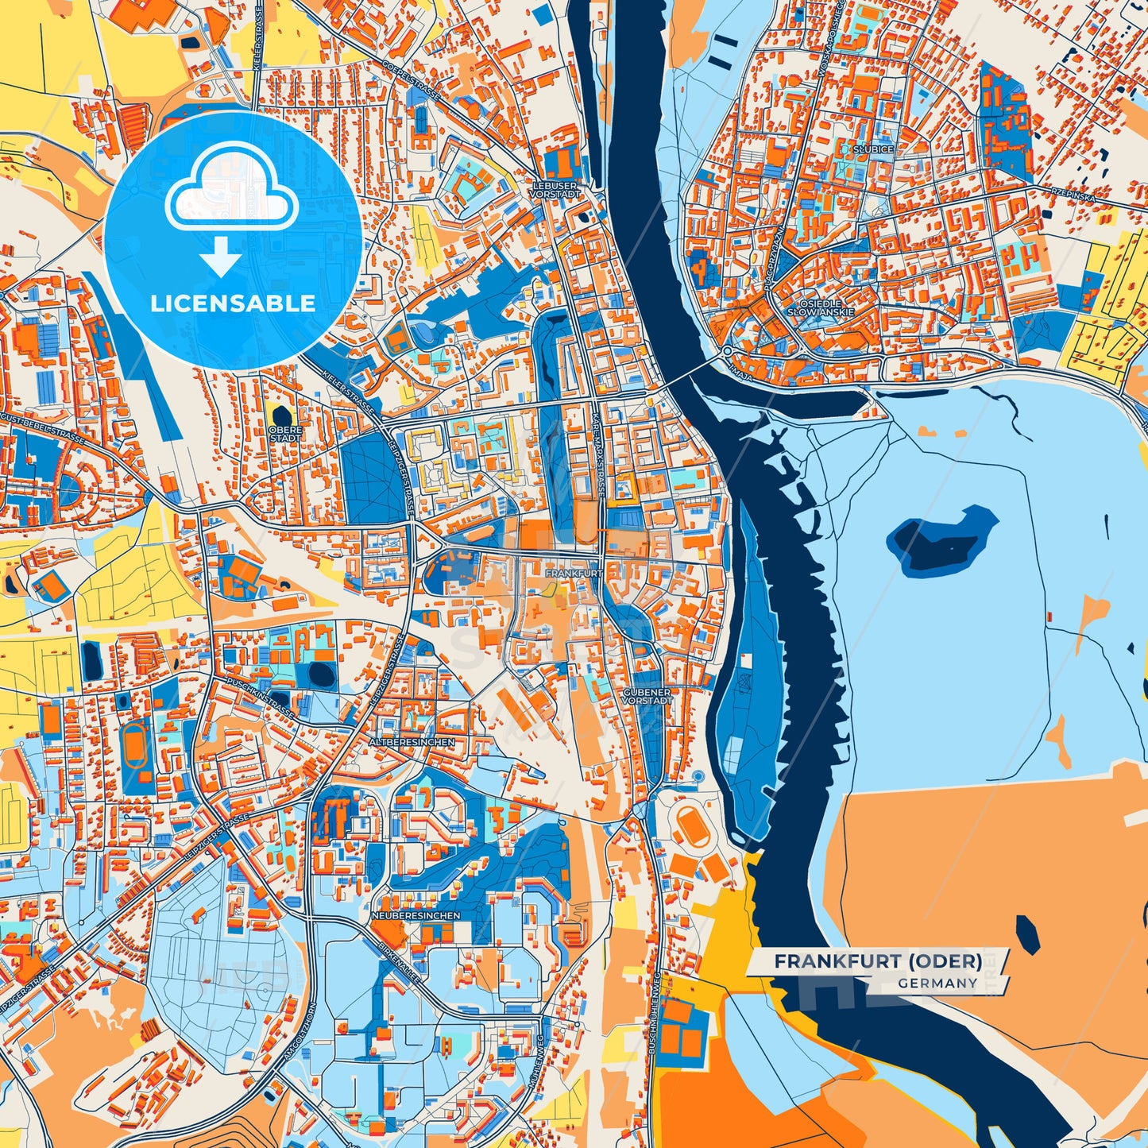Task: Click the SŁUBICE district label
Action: tap(873, 149)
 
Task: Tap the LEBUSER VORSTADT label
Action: tap(556, 190)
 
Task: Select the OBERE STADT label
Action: tap(285, 434)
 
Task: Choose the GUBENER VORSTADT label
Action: tap(647, 696)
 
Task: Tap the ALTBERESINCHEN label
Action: tap(412, 741)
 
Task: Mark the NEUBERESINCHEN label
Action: tap(416, 915)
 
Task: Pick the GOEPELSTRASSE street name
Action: tap(412, 79)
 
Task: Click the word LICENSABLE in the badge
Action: tap(233, 303)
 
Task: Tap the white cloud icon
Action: tap(231, 191)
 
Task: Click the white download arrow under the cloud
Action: tap(221, 257)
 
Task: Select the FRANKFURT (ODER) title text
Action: tap(878, 961)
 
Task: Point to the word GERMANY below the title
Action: tap(937, 983)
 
